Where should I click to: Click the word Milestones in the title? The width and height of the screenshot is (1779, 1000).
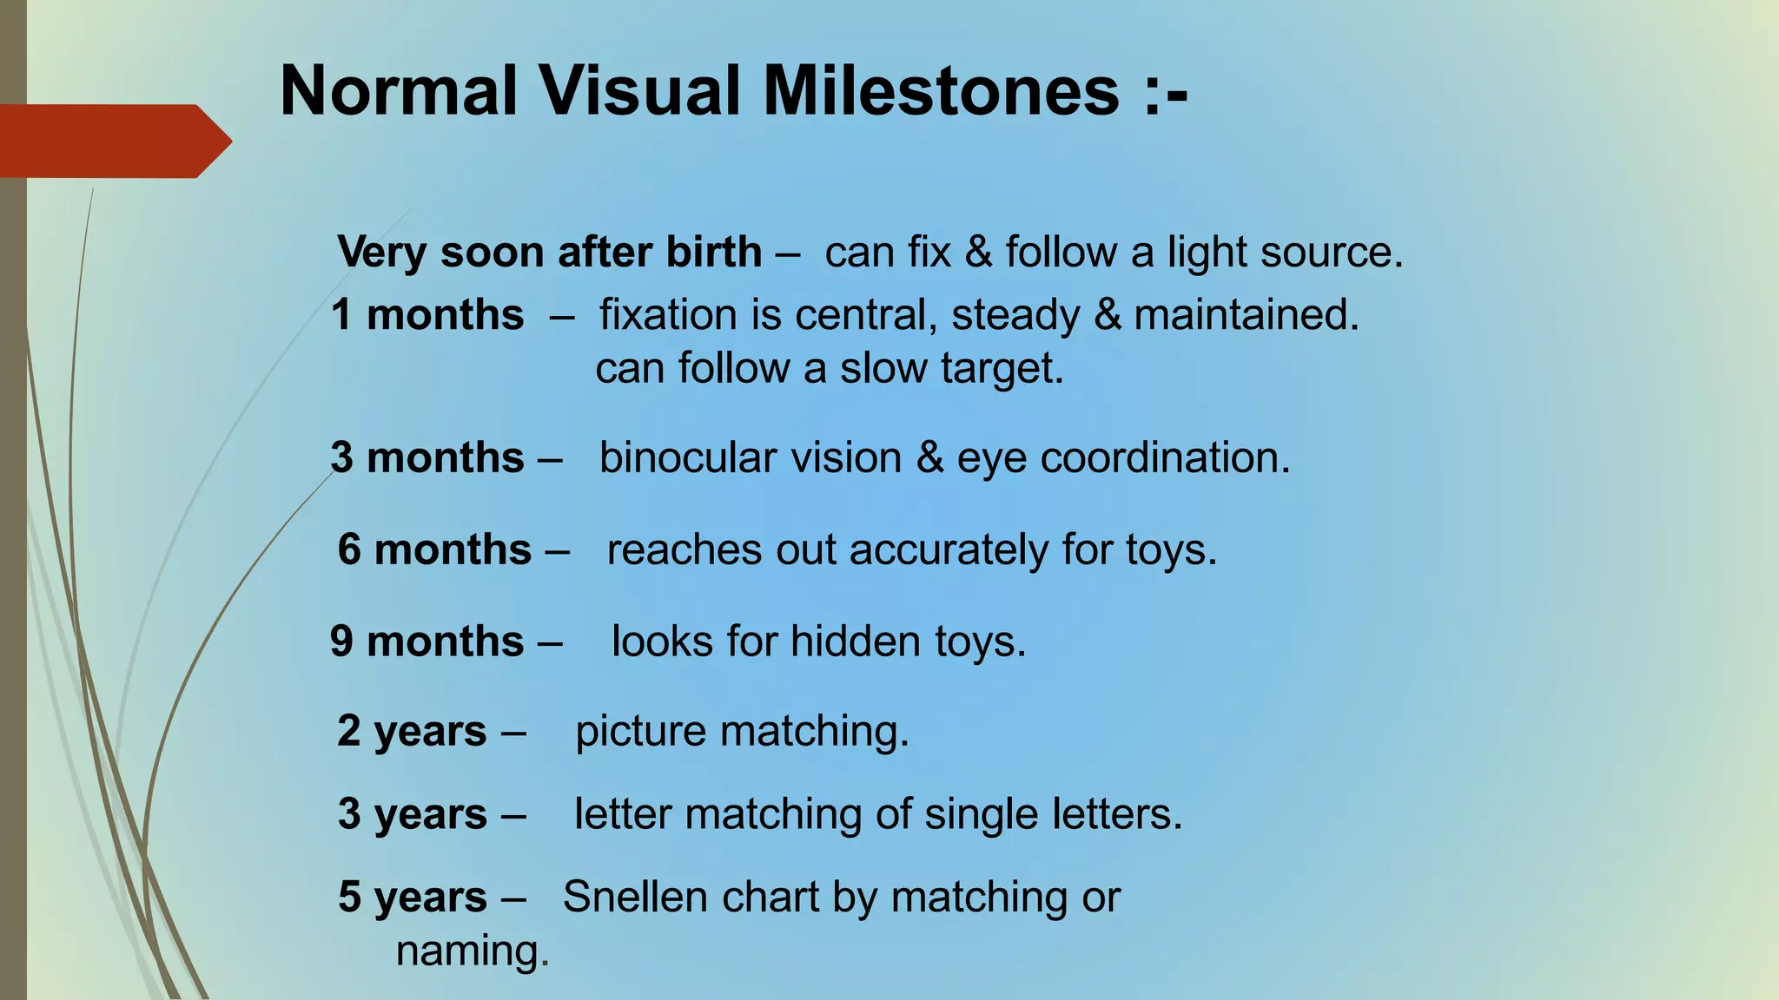pyautogui.click(x=942, y=91)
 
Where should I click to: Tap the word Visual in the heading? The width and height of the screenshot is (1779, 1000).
pyautogui.click(x=641, y=91)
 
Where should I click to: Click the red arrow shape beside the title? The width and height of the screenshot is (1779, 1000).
pyautogui.click(x=113, y=141)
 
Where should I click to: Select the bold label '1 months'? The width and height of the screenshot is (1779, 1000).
pyautogui.click(x=427, y=315)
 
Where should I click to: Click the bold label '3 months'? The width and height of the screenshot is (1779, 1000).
pyautogui.click(x=427, y=457)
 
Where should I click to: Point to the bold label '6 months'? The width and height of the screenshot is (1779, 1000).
pyautogui.click(x=434, y=549)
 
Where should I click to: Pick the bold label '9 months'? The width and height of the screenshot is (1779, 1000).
pyautogui.click(x=427, y=641)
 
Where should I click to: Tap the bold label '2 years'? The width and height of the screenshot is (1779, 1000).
pyautogui.click(x=412, y=731)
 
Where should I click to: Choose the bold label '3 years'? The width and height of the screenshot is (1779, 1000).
pyautogui.click(x=412, y=814)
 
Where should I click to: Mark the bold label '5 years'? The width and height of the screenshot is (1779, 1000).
pyautogui.click(x=412, y=897)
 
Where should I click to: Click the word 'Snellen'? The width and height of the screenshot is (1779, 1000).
pyautogui.click(x=635, y=897)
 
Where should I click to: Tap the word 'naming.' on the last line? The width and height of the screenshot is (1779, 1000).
pyautogui.click(x=473, y=951)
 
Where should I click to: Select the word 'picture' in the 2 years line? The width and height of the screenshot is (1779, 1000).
pyautogui.click(x=640, y=732)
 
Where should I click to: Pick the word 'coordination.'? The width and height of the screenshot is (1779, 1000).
pyautogui.click(x=1165, y=457)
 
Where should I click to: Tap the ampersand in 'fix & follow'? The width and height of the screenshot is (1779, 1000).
pyautogui.click(x=978, y=253)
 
